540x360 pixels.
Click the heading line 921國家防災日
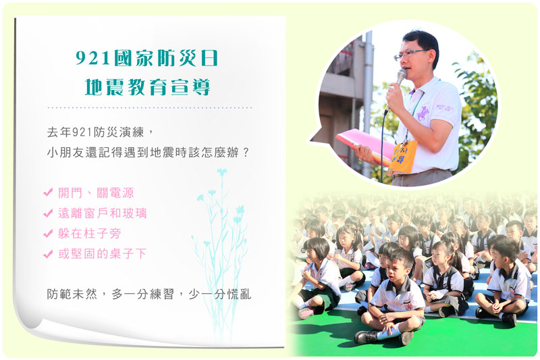coord(146,58)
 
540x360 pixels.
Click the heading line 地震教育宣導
coord(147,87)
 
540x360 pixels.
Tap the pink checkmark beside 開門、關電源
coord(48,192)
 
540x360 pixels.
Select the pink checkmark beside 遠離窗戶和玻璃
coord(48,213)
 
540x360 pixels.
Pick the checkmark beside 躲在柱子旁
coord(48,234)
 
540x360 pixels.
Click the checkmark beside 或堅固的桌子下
coord(48,254)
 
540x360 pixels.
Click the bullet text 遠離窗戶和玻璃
coord(103,213)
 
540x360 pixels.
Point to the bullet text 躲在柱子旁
coord(90,234)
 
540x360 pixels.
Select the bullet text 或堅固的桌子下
coord(103,254)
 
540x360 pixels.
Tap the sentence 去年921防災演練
coord(96,132)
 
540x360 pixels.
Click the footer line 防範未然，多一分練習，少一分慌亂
coord(149,294)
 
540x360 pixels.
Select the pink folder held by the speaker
coord(365,145)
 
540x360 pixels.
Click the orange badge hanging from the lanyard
coord(403,157)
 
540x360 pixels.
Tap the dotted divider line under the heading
coord(149,108)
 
